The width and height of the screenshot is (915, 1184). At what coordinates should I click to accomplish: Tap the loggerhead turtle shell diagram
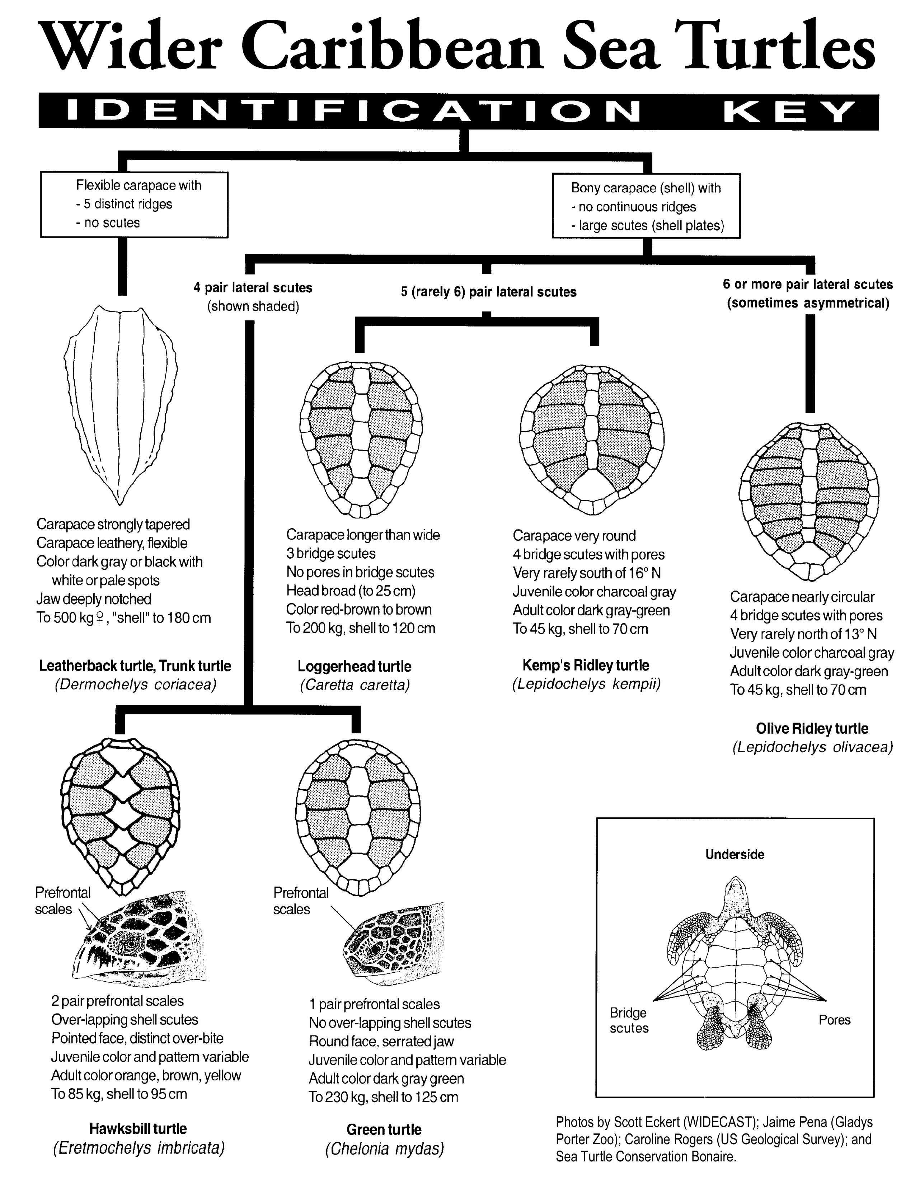361,439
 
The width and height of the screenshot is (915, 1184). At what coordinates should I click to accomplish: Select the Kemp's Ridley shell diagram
591,439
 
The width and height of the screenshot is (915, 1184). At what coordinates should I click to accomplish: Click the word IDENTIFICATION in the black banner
352,112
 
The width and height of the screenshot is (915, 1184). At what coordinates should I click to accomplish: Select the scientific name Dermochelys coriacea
136,684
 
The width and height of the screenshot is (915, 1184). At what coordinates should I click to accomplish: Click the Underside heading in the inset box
735,854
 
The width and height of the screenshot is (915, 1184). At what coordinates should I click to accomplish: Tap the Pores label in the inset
834,1020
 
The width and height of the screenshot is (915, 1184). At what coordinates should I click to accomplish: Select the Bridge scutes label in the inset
629,1020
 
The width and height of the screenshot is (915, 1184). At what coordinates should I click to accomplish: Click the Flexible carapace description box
135,205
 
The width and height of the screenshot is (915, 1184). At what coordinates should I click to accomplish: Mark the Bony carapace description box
646,206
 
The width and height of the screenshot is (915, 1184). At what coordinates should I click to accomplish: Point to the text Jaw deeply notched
94,599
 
